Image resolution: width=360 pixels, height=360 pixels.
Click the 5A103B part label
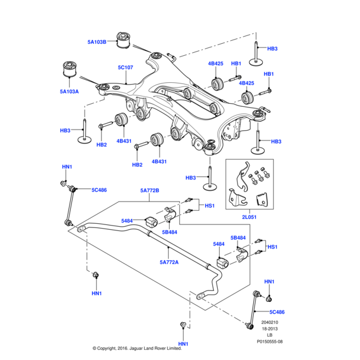(96, 42)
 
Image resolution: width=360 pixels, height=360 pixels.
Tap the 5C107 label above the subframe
(125, 68)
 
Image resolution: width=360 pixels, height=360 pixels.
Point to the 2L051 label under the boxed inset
(249, 217)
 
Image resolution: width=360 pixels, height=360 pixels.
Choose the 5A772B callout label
(149, 191)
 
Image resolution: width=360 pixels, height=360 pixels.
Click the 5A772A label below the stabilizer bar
(170, 262)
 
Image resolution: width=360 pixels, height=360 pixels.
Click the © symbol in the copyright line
(94, 348)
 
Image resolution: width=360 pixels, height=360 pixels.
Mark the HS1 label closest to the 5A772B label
(209, 206)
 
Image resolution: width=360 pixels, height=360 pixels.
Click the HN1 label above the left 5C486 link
(67, 167)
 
